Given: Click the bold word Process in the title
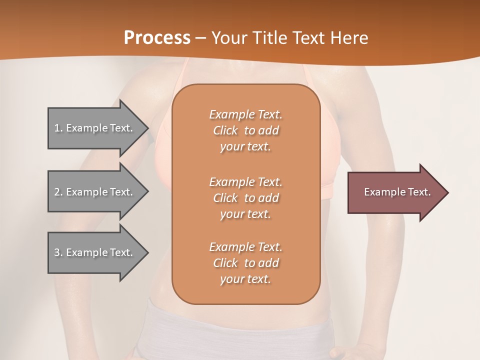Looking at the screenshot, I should [x=157, y=37].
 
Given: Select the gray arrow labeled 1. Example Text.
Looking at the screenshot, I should [x=95, y=128].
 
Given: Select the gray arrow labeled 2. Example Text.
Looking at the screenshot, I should [x=95, y=192].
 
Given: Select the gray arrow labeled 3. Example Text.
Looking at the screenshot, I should [x=95, y=252].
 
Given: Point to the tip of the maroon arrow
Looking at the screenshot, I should [x=447, y=192].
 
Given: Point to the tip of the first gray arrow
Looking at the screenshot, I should [x=148, y=128].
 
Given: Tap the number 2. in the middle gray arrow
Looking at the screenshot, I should [x=58, y=192].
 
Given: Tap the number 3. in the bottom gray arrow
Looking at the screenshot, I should [x=58, y=252].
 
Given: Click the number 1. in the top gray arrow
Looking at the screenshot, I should [x=58, y=128].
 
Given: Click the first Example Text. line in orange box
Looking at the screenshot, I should [x=245, y=114].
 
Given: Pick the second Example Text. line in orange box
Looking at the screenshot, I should [x=245, y=181].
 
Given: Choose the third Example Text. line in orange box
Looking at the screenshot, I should [x=245, y=247].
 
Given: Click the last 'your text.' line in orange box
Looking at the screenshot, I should [x=245, y=279].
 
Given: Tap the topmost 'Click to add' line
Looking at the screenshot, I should [x=245, y=130].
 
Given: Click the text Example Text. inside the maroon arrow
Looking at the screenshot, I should [x=397, y=192].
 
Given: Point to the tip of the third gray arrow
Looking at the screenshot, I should [x=148, y=252].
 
